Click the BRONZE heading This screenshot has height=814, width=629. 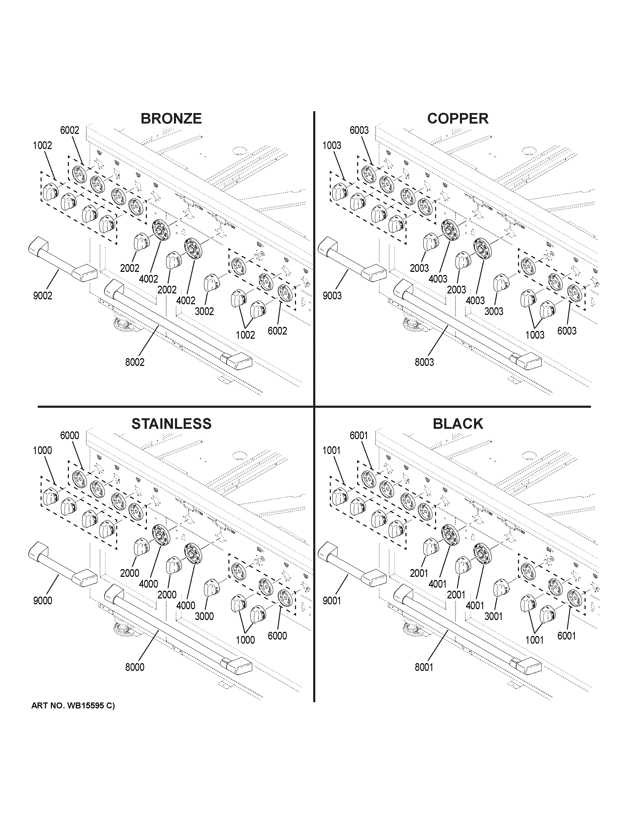click(x=171, y=118)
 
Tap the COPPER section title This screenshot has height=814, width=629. click(x=458, y=118)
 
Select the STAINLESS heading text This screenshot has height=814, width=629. click(x=171, y=424)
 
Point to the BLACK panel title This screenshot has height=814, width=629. click(x=458, y=424)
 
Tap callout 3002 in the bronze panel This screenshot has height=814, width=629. click(x=204, y=311)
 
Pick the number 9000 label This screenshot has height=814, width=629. click(x=42, y=601)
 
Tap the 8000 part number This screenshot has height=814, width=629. click(x=135, y=667)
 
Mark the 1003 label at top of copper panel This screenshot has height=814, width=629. click(x=332, y=145)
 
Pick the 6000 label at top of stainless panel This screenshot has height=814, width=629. click(x=70, y=435)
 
